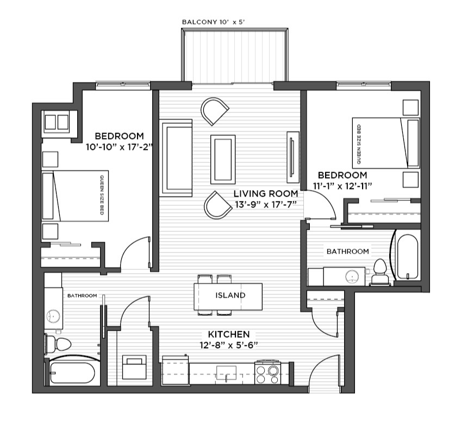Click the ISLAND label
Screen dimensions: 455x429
(x=230, y=295)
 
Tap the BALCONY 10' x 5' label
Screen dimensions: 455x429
(x=214, y=22)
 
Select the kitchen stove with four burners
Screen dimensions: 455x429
(x=267, y=372)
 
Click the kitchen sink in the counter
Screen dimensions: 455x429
(x=226, y=373)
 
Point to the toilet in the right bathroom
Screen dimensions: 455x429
(x=380, y=272)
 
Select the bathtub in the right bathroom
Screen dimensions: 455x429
(x=407, y=257)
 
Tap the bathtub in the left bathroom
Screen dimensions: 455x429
(x=72, y=373)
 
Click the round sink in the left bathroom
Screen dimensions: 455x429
(x=53, y=316)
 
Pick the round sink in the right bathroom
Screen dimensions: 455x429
(x=352, y=276)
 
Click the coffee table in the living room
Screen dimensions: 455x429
(x=223, y=159)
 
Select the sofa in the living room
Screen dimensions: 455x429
(x=176, y=158)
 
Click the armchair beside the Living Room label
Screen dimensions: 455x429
(x=217, y=205)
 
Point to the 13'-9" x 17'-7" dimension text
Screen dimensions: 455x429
(x=265, y=205)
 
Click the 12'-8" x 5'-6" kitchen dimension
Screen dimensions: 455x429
(x=229, y=345)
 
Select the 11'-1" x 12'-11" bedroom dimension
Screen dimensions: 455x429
(x=342, y=186)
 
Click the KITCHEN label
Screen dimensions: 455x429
(x=229, y=334)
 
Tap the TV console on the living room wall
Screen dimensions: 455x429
(x=293, y=157)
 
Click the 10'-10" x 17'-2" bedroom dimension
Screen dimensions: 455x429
(x=119, y=147)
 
